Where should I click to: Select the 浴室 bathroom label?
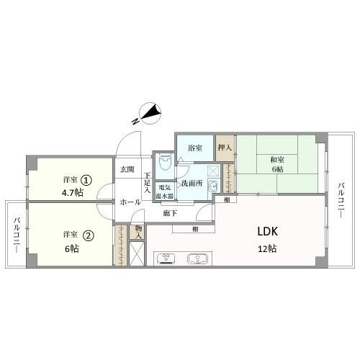coord(195,148)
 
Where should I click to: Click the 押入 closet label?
coord(225,148)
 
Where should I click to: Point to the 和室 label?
coord(277,160)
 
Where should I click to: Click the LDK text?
coord(268,232)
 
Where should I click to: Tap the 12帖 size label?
coord(267,249)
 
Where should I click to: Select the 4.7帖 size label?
coord(73,192)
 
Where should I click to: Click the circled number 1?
coord(86,180)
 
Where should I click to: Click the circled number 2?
coord(88,235)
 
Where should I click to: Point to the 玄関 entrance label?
coord(127,170)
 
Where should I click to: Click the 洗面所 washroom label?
coord(192,184)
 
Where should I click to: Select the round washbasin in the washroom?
coord(212,186)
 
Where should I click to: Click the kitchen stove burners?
coord(166,258)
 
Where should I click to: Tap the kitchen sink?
coord(198,258)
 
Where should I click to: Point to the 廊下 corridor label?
coord(170,213)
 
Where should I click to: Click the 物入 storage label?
coord(138,232)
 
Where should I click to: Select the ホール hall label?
coord(130,202)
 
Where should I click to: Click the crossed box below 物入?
coord(137,253)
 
